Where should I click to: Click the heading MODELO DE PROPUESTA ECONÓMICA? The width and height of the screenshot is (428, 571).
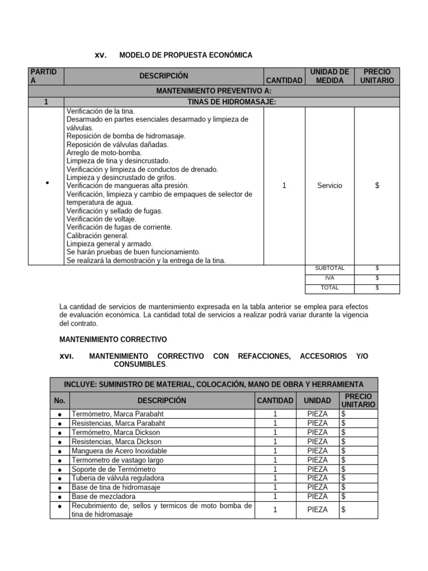point(186,55)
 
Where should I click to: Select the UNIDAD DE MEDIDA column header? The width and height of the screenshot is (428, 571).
point(329,76)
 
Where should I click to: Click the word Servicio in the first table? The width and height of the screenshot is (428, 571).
point(329,186)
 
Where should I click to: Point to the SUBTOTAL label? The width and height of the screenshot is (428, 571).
point(329,268)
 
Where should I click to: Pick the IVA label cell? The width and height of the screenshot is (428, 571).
point(329,278)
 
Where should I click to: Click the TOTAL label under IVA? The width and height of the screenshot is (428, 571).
point(329,288)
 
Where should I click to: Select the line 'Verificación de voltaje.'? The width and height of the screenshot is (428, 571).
point(101,219)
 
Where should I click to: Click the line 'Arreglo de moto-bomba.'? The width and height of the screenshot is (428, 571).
point(104,152)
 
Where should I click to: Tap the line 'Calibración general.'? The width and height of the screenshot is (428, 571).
point(98,236)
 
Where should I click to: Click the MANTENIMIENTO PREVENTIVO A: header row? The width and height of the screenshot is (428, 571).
point(213,91)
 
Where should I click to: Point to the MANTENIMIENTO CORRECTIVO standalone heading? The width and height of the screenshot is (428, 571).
point(113,339)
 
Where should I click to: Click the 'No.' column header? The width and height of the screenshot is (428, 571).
point(60,400)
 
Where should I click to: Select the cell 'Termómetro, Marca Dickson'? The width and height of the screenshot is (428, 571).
point(116,432)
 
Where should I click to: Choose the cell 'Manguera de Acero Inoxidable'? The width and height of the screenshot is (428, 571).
point(119,451)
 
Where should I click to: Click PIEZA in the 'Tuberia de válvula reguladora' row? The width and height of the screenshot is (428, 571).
point(317,478)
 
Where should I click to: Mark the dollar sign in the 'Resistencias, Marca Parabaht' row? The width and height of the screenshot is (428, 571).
point(344,423)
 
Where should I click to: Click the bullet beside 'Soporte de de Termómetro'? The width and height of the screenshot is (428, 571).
point(59,469)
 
